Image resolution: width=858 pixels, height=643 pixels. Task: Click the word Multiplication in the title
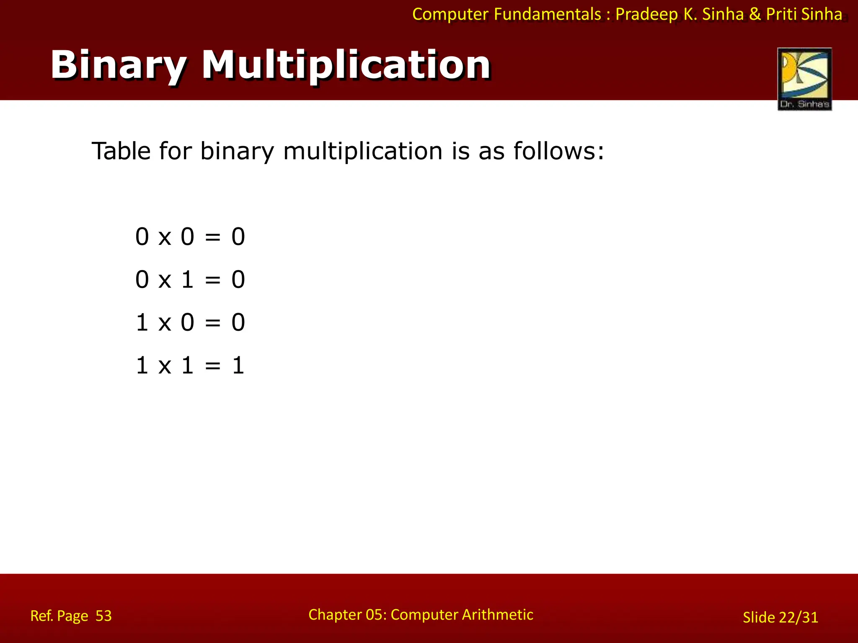[x=346, y=65]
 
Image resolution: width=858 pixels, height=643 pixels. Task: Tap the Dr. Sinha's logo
[x=804, y=79]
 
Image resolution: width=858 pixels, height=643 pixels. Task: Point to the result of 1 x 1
[x=238, y=365]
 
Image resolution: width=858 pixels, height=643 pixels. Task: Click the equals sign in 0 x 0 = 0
[x=212, y=237]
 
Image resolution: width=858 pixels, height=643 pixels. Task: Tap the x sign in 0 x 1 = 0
[x=165, y=280]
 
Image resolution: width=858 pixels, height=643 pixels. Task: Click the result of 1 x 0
[x=238, y=323]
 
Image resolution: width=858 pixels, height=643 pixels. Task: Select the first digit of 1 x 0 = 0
[x=142, y=323]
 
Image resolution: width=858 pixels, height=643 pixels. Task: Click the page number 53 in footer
[x=103, y=616]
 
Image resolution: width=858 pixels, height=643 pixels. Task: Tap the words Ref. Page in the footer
[x=59, y=616]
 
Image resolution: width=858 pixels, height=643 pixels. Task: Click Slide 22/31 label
[x=780, y=617]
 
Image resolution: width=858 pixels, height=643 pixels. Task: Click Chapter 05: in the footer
[x=347, y=615]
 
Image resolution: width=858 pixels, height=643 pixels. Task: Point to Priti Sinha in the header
[x=804, y=14]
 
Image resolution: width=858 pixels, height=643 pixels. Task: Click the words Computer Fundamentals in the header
[x=507, y=14]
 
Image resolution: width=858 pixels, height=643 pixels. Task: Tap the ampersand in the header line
[x=755, y=14]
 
